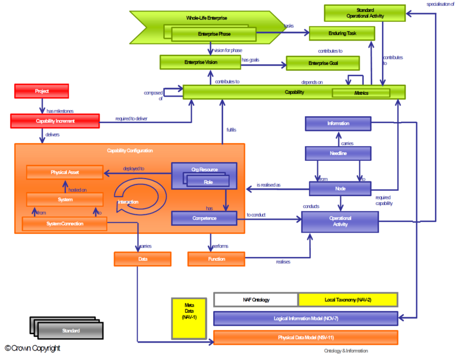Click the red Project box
point(41,91)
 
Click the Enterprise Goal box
point(322,62)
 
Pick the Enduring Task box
point(341,33)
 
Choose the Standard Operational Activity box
point(365,12)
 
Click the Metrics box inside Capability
point(360,93)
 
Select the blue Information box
point(338,124)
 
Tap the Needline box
point(338,153)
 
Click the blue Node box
point(340,189)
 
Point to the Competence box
point(203,219)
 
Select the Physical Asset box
point(65,173)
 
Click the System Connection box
point(64,224)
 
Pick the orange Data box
point(142,259)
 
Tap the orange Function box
point(215,259)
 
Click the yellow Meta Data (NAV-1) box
point(189,318)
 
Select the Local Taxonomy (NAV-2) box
point(348,300)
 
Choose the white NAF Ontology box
point(256,300)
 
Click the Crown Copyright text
point(33,349)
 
